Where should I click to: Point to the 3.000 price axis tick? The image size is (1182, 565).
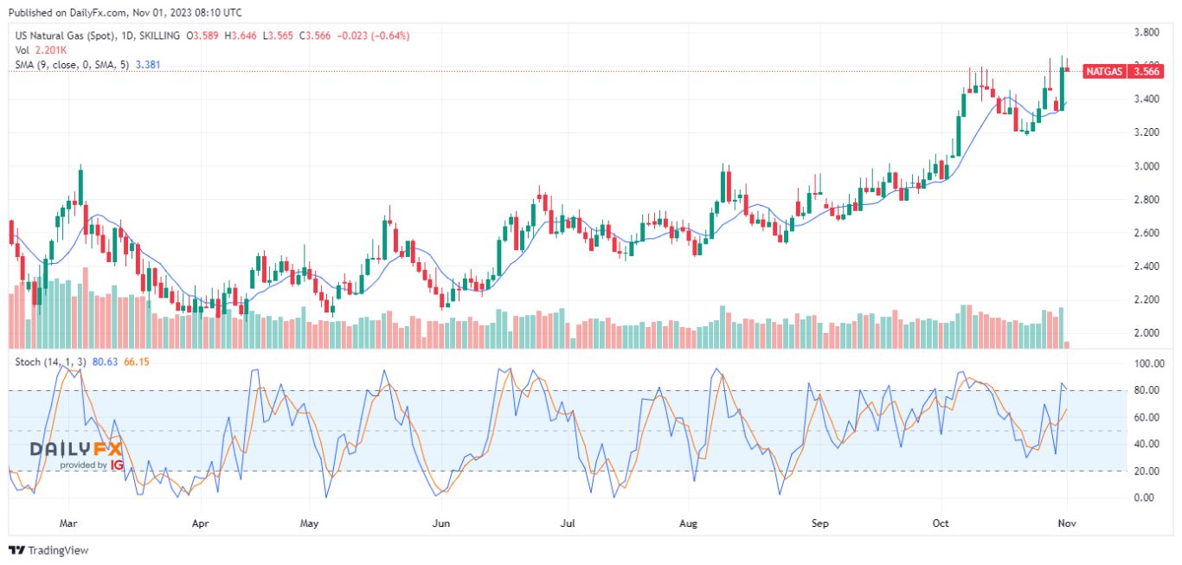[1147, 166]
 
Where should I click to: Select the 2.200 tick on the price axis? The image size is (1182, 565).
[1147, 299]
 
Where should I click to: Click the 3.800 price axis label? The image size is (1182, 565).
[1147, 33]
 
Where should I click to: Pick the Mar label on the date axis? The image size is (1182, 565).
[69, 523]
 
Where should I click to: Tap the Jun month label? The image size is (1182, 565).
[441, 523]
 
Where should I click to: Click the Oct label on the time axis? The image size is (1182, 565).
[941, 523]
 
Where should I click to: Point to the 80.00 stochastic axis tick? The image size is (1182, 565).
[1145, 390]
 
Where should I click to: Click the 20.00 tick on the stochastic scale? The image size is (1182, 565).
[1145, 471]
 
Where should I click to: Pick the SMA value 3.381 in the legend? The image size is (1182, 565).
[146, 65]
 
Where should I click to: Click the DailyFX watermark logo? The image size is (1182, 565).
[76, 453]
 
